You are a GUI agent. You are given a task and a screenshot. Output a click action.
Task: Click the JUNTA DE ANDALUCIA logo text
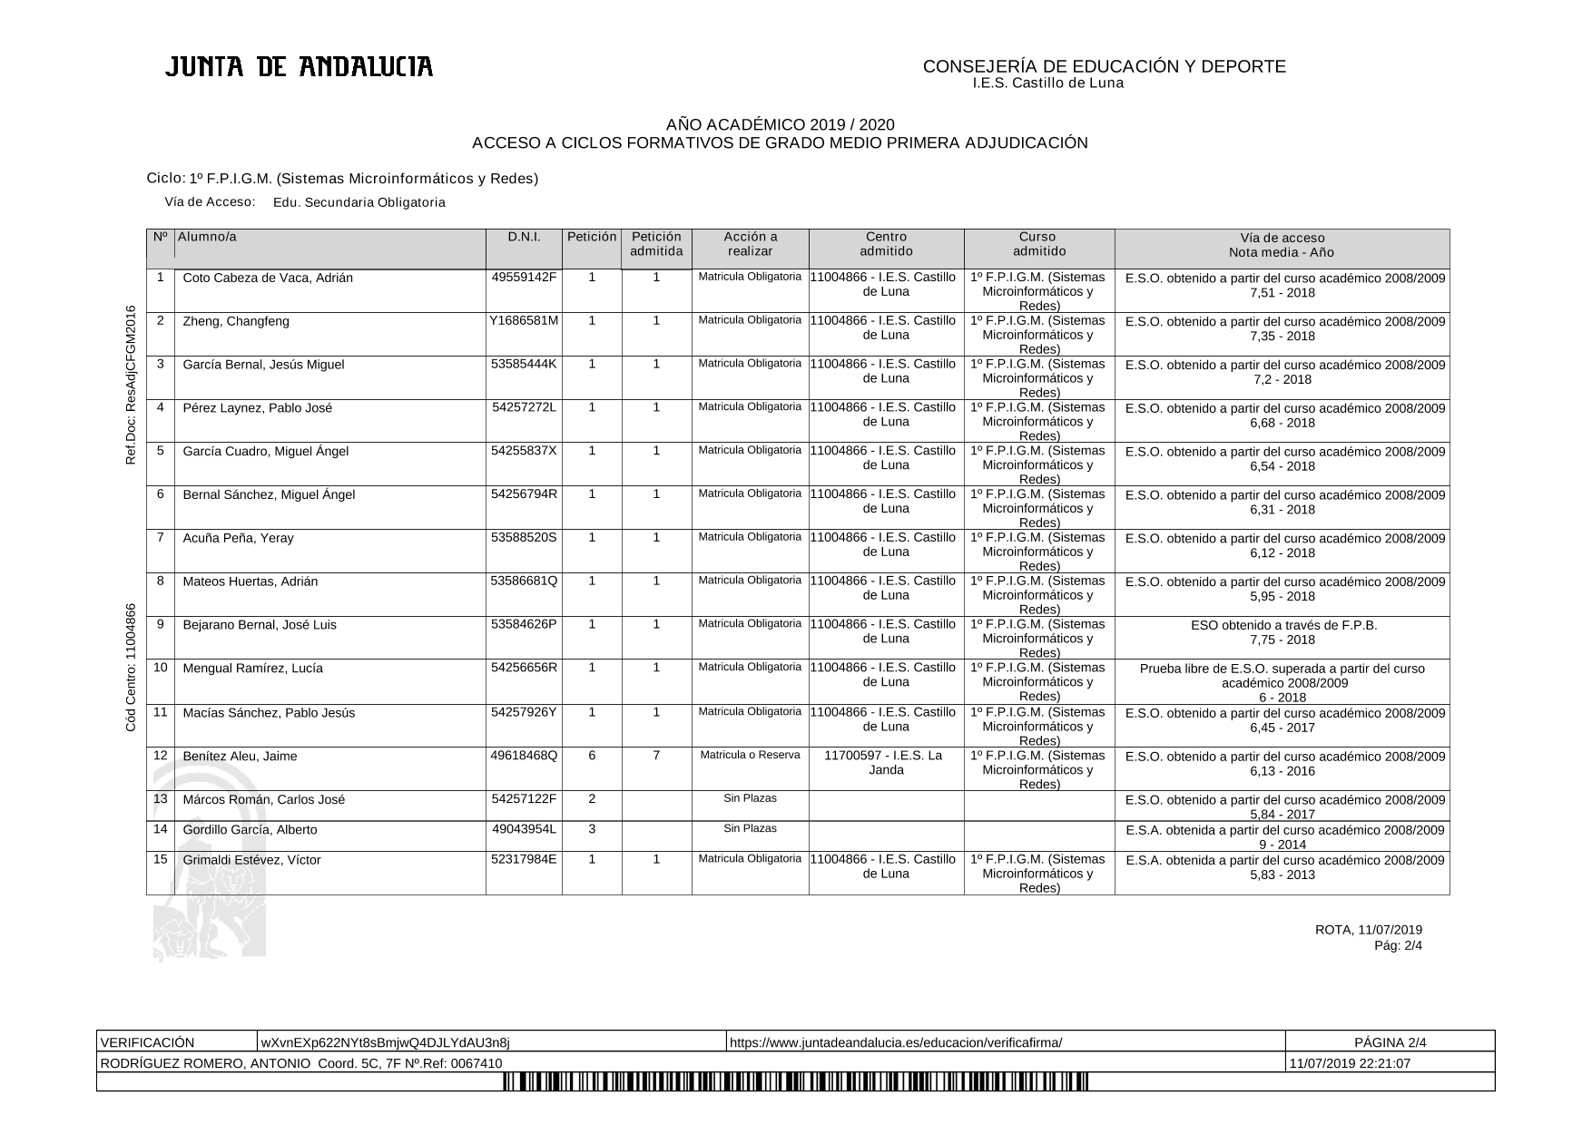tap(299, 67)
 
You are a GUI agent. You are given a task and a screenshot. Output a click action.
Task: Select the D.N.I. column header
tap(524, 237)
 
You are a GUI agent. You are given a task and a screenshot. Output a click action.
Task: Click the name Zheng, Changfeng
tap(236, 321)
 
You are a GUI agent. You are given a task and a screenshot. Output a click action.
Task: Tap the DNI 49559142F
tap(524, 277)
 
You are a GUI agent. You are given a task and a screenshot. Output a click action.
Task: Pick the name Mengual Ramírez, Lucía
tap(252, 669)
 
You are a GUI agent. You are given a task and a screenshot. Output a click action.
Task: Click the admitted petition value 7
tap(656, 756)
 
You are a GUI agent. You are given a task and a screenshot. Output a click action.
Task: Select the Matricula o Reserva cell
tap(750, 755)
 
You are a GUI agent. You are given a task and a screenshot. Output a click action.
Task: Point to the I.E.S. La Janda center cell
tap(886, 762)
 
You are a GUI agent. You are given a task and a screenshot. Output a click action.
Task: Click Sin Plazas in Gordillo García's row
tap(750, 828)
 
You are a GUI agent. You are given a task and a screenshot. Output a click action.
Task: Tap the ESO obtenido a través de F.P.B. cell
tap(1282, 631)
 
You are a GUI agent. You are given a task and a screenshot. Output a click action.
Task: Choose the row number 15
tap(161, 859)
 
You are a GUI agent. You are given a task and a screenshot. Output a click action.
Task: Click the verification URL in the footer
tap(896, 1042)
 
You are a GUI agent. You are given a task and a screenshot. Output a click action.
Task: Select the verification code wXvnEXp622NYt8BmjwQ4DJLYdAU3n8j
tap(386, 1042)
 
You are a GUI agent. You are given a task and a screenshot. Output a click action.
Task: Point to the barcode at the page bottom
tap(795, 1081)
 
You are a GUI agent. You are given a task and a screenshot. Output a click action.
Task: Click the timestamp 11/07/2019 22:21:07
tap(1350, 1063)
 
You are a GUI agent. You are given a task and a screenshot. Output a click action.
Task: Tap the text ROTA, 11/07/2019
tap(1368, 929)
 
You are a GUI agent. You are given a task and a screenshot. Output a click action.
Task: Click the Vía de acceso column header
tap(1282, 245)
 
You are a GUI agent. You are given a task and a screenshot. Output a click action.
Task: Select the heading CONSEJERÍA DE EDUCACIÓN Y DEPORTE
tap(1104, 66)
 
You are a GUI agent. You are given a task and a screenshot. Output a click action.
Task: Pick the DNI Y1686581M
tap(524, 320)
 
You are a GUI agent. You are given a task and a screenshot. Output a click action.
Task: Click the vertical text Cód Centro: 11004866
tap(131, 667)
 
